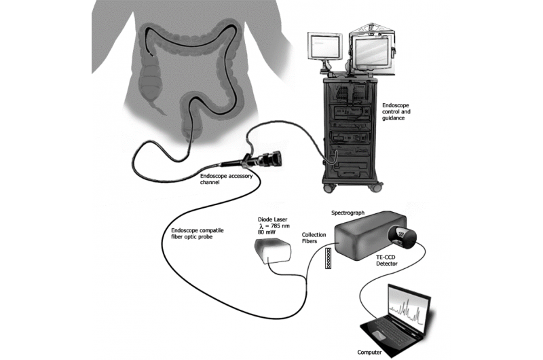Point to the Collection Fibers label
[313, 239]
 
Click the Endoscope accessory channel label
[229, 179]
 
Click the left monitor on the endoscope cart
[322, 48]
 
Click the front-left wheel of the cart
[331, 185]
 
